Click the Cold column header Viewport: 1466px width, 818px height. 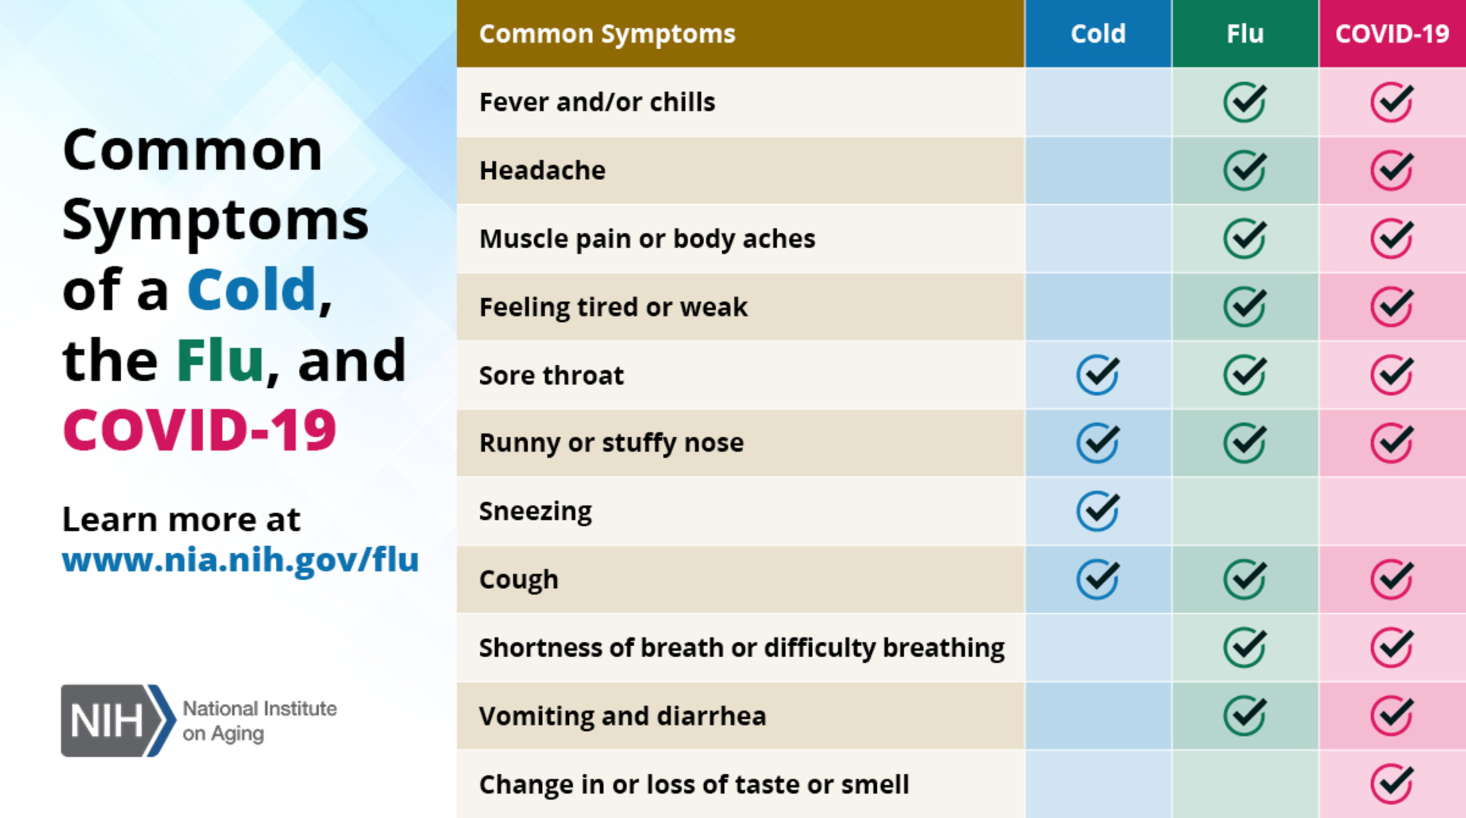[x=1098, y=33]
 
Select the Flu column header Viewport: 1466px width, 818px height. [x=1245, y=33]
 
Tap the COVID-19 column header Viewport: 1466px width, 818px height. [x=1392, y=33]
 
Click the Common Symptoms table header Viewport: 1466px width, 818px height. [x=607, y=34]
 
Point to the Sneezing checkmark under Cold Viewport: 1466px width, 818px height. [x=1098, y=511]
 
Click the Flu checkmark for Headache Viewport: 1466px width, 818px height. [x=1245, y=170]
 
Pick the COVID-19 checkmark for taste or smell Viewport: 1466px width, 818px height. [x=1392, y=783]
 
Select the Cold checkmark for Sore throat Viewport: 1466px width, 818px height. [x=1098, y=374]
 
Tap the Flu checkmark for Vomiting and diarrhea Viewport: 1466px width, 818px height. [x=1245, y=715]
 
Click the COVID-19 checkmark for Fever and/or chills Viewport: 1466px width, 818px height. [x=1392, y=102]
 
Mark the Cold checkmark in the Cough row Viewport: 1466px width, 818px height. [x=1098, y=579]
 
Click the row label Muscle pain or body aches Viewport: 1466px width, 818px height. [x=647, y=239]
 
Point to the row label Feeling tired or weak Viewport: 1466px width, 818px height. [x=613, y=307]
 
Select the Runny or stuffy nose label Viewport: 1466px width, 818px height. [x=611, y=443]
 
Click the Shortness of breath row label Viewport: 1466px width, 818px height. [x=742, y=648]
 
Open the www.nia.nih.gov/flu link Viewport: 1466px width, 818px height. [x=240, y=560]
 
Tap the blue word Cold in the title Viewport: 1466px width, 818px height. [x=252, y=289]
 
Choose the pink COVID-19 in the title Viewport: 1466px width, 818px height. [x=199, y=430]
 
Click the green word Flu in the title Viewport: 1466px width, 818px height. [x=220, y=360]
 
